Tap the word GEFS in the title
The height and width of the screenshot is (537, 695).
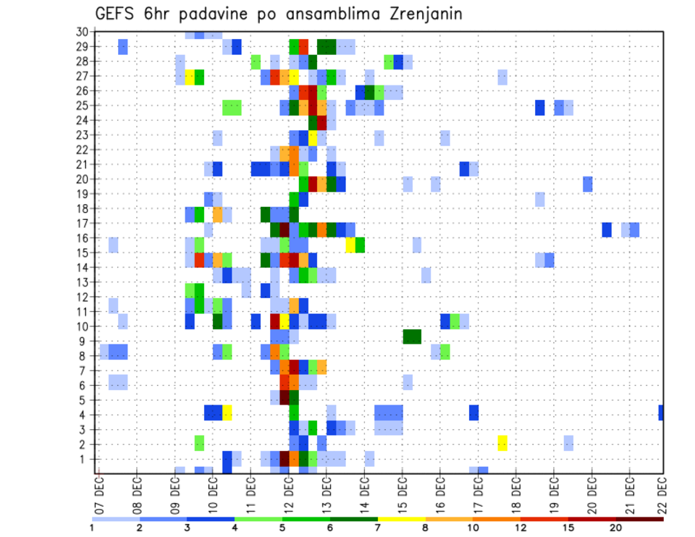[117, 14]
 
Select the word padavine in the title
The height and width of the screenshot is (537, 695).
[215, 14]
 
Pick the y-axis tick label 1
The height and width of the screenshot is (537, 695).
[83, 459]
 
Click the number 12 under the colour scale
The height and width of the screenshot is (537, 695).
[521, 528]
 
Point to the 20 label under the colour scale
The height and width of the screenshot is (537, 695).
[616, 528]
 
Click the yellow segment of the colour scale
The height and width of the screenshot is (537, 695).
[402, 519]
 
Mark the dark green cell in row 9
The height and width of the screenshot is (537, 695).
[412, 337]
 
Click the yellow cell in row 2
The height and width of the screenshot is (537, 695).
[502, 443]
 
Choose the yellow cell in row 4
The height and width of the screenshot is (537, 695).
[227, 413]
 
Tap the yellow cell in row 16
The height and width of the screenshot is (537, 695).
[350, 244]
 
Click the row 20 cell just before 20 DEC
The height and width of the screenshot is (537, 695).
[587, 184]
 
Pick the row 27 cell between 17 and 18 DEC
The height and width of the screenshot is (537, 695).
[502, 77]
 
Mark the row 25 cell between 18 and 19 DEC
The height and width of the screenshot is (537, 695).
[540, 107]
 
